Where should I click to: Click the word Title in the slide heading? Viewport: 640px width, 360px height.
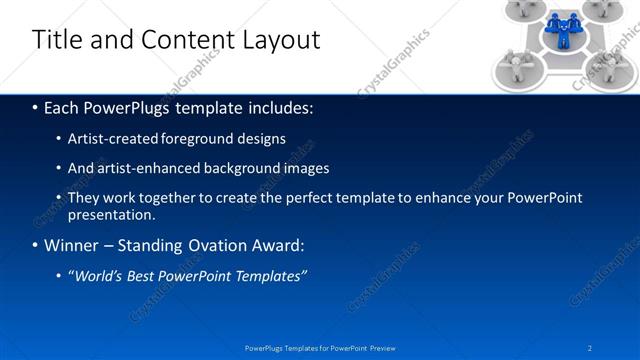point(57,40)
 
